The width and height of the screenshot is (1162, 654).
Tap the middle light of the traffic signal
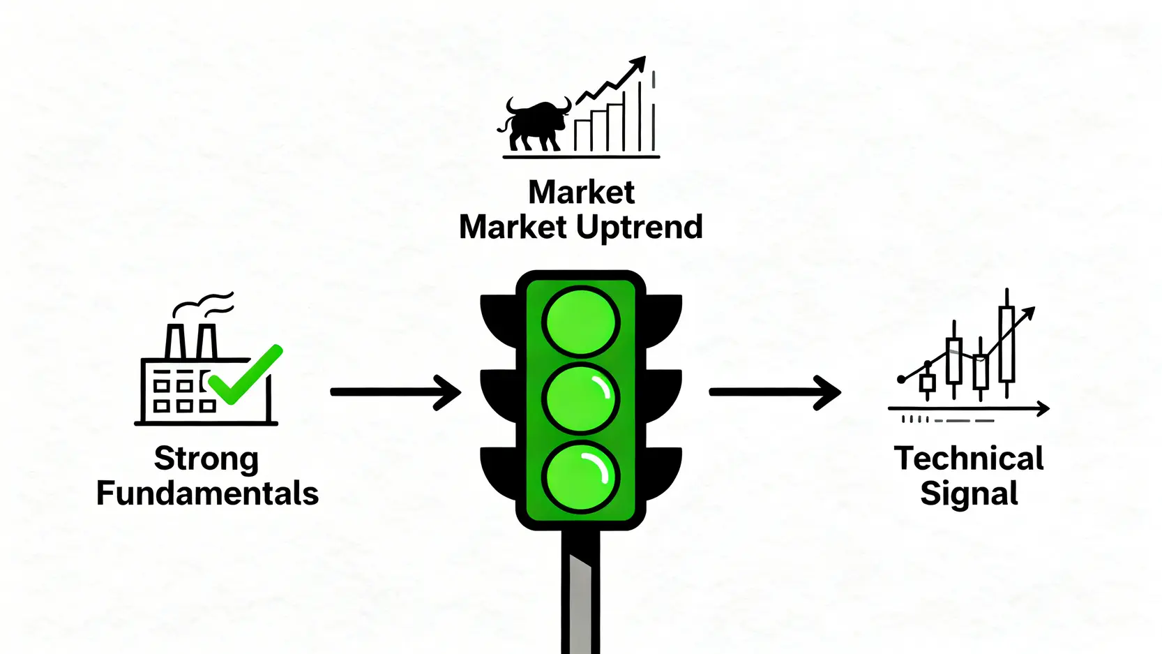[580, 399]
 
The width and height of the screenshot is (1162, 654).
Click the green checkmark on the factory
[244, 377]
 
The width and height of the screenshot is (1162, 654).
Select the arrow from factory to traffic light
[395, 392]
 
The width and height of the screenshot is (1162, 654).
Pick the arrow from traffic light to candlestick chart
[774, 392]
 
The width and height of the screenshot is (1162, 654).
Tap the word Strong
[206, 459]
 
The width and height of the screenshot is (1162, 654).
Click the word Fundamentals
[207, 493]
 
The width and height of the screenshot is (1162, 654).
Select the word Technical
[969, 459]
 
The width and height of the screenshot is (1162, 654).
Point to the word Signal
[969, 493]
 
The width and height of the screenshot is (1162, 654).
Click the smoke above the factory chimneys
[204, 304]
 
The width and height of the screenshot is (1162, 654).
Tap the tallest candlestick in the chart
[1006, 343]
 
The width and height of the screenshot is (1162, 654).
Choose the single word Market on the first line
[581, 192]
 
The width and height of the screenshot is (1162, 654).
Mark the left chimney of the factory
[175, 341]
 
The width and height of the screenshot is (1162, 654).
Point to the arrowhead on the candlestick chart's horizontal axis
[1043, 408]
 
